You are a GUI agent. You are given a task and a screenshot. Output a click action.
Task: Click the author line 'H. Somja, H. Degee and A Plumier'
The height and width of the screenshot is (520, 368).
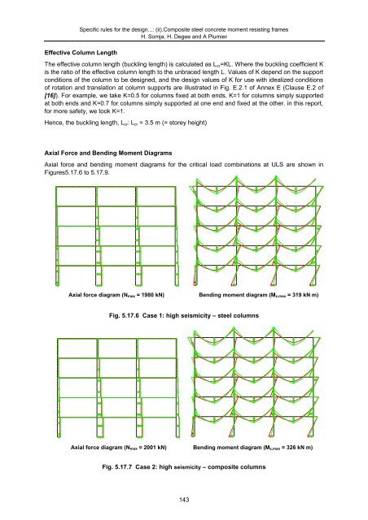(x=183, y=24)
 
